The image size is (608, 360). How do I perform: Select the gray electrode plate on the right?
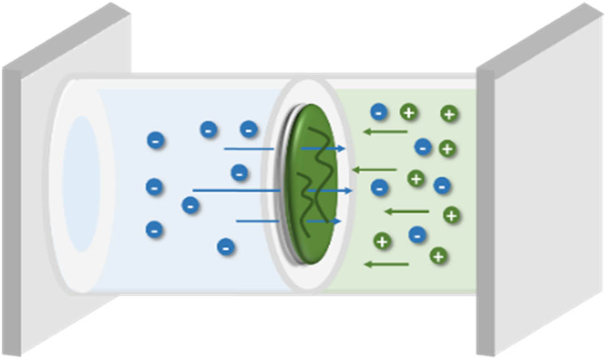[x=543, y=187]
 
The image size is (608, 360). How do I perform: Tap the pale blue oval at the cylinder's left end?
[x=82, y=183]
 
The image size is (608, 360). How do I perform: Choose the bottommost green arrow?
[x=387, y=265]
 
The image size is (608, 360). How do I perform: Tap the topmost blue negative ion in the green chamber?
[x=379, y=112]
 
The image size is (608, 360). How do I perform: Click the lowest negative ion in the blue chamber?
[x=226, y=247]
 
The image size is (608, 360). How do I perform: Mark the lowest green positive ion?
[x=439, y=256]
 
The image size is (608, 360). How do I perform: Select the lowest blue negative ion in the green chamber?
[x=417, y=235]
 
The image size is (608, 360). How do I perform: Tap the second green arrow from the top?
[x=374, y=169]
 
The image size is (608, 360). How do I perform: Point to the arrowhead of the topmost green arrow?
[x=367, y=132]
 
